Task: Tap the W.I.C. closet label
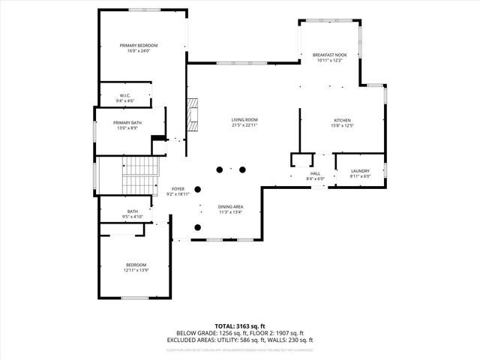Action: [x=125, y=95]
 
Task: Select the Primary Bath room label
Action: [x=127, y=122]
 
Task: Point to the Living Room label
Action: [x=244, y=120]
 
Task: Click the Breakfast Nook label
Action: [x=330, y=55]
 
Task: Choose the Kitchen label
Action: [x=342, y=120]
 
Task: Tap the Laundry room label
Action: [x=360, y=172]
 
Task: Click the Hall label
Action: [x=315, y=173]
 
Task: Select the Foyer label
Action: [x=178, y=189]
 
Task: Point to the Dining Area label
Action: [x=230, y=206]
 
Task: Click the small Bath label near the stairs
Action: [x=133, y=211]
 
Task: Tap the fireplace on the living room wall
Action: [x=193, y=112]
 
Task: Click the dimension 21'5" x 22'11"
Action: [x=244, y=125]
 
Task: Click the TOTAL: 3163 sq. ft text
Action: [x=240, y=325]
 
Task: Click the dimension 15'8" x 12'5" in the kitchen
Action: [x=342, y=125]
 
